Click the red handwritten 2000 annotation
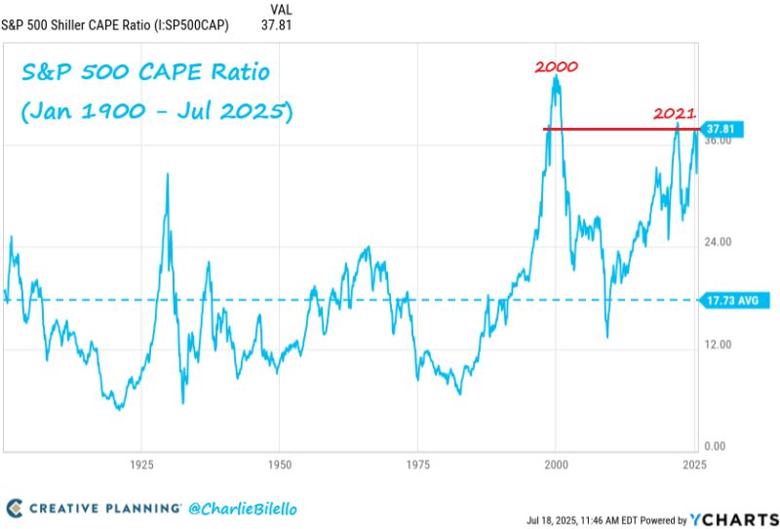tap(557, 67)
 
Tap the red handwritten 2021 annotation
tap(674, 114)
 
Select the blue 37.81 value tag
tap(724, 129)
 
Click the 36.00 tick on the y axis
tap(718, 142)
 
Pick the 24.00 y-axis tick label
tap(718, 242)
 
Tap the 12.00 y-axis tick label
tap(718, 345)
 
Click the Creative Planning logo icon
tap(14, 508)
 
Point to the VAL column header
tap(278, 8)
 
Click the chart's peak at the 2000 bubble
tap(556, 76)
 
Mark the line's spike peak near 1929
tap(168, 174)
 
